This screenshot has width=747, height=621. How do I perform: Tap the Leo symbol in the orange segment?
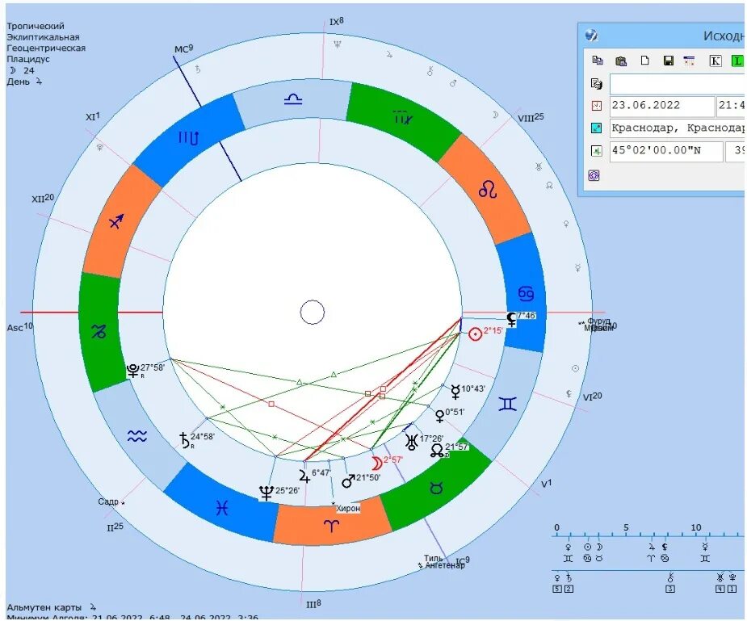tap(489, 191)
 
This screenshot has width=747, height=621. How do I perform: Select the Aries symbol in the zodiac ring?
tap(332, 525)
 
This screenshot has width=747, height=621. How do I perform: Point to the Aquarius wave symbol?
tap(136, 436)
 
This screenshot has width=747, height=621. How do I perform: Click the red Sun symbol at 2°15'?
tap(475, 333)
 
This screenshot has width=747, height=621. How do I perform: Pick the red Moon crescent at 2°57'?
tap(376, 463)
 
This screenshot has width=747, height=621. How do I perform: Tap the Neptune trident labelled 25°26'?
tap(266, 492)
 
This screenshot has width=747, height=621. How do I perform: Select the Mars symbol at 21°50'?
tap(348, 480)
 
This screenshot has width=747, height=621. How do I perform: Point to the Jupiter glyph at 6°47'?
tap(304, 475)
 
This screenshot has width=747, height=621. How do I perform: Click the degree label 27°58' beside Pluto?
tap(153, 368)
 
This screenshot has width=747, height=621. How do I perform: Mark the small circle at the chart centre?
tap(313, 313)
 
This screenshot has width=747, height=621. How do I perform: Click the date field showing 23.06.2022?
tap(661, 106)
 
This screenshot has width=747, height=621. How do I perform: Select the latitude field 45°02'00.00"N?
tap(665, 151)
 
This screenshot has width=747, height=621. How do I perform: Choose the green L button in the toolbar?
tap(737, 61)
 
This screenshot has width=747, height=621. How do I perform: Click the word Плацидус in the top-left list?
tap(28, 59)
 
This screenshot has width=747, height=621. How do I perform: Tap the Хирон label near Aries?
tap(348, 508)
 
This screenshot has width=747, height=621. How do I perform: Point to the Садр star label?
tap(108, 501)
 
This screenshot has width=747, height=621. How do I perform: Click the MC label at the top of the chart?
tap(181, 50)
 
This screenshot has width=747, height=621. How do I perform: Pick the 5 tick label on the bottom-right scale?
tap(626, 528)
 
